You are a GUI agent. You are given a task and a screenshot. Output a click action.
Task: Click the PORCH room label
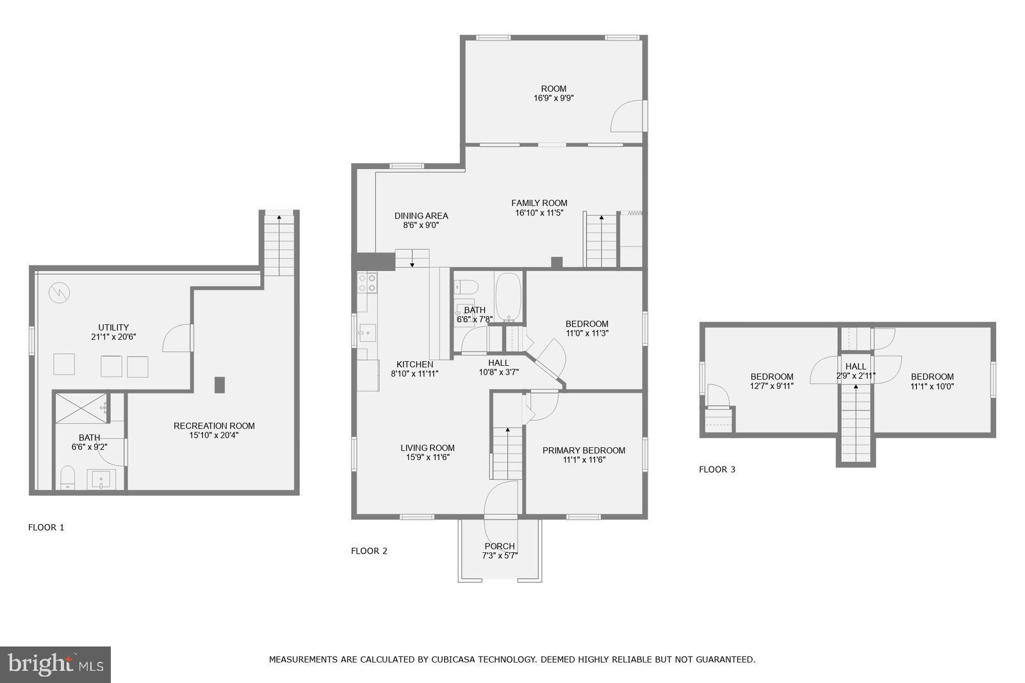[x=499, y=547]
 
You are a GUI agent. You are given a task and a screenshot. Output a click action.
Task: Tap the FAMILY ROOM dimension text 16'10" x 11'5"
[x=539, y=213]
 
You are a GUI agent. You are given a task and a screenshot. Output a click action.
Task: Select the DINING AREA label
[x=421, y=216]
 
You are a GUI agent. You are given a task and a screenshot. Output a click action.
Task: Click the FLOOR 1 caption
[x=46, y=528]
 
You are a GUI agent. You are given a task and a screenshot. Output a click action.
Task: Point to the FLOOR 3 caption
[x=717, y=470]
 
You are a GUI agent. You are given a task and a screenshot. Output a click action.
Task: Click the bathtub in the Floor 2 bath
[x=509, y=297]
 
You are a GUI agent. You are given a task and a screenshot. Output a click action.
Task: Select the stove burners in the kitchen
[x=367, y=283]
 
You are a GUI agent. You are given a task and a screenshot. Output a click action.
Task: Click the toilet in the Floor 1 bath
[x=67, y=477]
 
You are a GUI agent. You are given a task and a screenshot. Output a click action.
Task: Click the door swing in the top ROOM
[x=628, y=116]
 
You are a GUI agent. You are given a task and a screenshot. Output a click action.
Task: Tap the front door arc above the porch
[x=500, y=499]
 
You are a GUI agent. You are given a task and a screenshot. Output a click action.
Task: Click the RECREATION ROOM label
[x=214, y=426]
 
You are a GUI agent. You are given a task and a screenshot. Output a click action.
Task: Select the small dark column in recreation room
[x=220, y=384]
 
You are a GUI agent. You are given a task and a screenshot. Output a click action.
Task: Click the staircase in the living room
[x=507, y=452]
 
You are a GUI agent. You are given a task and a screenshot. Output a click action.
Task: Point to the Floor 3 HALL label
[x=855, y=366]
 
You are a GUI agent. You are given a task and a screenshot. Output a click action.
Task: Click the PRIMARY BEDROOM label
[x=584, y=450]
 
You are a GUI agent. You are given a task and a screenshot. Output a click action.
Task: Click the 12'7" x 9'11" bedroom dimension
[x=771, y=386]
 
